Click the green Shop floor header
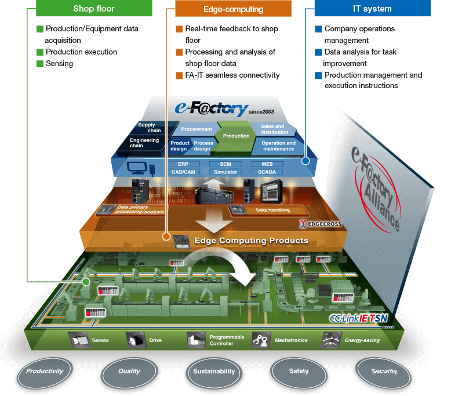pos(94,9)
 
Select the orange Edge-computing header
pos(233,9)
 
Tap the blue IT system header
pos(372,9)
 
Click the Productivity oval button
pos(45,371)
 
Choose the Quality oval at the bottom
pos(129,371)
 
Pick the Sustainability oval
pos(214,371)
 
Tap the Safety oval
pos(299,371)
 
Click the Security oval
pos(384,371)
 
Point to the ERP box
pos(184,165)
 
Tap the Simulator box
pos(225,172)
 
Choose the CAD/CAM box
pos(184,172)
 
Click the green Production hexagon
pos(236,136)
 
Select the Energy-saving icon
pos(331,340)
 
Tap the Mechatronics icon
pos(261,340)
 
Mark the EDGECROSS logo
pos(321,223)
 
